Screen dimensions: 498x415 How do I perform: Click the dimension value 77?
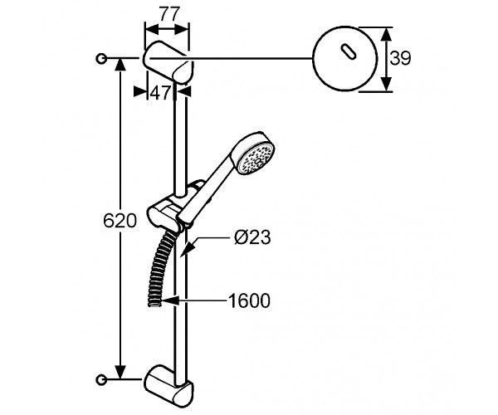click(x=169, y=14)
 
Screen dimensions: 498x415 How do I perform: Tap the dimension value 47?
click(x=160, y=93)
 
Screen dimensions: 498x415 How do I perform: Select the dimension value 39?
click(x=400, y=58)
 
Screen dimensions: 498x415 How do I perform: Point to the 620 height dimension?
click(x=120, y=220)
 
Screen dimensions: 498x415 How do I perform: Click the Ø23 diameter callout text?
click(x=252, y=237)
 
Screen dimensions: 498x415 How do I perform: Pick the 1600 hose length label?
click(x=249, y=300)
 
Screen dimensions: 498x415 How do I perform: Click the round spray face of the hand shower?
click(x=256, y=158)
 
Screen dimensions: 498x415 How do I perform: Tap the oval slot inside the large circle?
click(x=349, y=51)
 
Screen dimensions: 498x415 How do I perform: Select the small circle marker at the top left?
click(x=101, y=58)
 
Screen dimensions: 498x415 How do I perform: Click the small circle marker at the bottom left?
click(x=101, y=379)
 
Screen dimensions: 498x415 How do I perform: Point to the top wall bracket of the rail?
click(x=168, y=62)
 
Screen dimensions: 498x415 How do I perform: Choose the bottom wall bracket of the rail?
click(x=168, y=388)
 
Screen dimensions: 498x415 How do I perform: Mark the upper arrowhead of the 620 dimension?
click(x=120, y=65)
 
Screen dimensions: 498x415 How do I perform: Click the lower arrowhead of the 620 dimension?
click(x=120, y=372)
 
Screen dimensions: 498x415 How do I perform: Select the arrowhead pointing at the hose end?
click(x=169, y=300)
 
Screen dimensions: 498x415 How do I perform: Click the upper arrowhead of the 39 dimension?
click(x=386, y=34)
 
